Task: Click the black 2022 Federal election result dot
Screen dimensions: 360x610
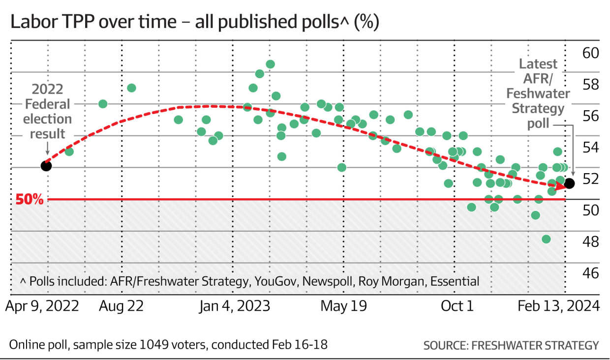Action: (46, 165)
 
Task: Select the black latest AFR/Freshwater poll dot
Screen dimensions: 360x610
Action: (570, 183)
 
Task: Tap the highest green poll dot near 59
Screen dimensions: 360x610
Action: (270, 64)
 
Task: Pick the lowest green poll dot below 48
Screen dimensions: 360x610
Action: (546, 239)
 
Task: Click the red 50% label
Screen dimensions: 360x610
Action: (30, 200)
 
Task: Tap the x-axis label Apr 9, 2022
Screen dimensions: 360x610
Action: (42, 306)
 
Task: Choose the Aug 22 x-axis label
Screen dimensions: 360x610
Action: (121, 306)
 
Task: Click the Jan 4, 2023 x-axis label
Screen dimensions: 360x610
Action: (235, 306)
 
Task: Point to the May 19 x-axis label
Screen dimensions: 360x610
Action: (344, 306)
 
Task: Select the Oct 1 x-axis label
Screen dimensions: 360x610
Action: (457, 306)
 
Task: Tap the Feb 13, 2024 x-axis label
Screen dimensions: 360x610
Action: (559, 306)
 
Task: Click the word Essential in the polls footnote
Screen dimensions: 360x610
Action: (455, 281)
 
